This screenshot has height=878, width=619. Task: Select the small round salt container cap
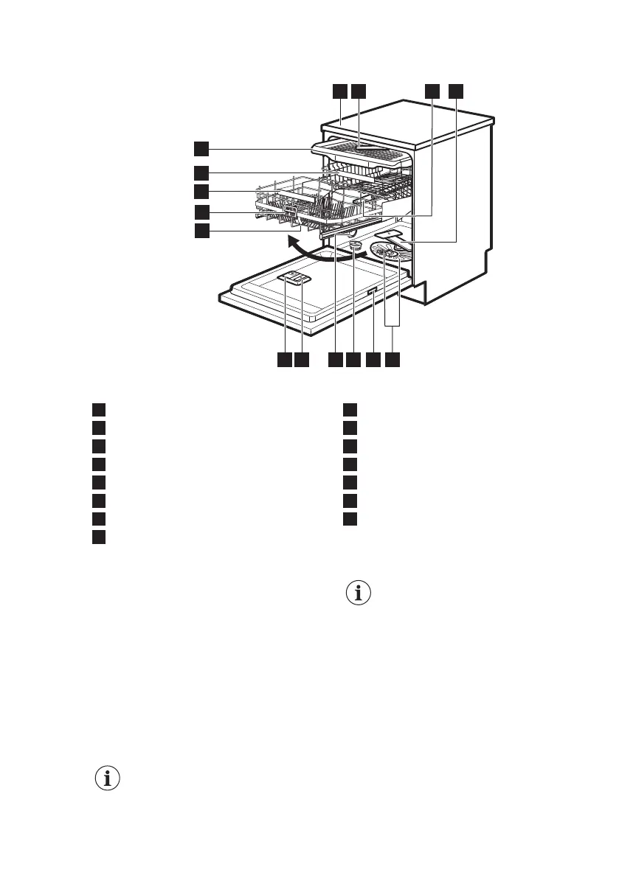coord(355,245)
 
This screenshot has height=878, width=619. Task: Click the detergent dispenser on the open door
coord(294,279)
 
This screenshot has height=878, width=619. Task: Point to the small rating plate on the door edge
coord(373,293)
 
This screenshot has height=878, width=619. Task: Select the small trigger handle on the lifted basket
coord(289,213)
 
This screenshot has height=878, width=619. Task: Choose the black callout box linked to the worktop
coord(339,91)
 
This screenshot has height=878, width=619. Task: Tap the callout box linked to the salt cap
coord(353,360)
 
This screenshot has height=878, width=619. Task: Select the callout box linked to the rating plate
coord(373,360)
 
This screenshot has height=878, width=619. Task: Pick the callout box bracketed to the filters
coord(393,360)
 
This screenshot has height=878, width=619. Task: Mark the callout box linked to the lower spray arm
coord(457,91)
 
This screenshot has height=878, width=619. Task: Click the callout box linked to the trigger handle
coord(201,212)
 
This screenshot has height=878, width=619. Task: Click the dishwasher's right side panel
coord(457,206)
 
